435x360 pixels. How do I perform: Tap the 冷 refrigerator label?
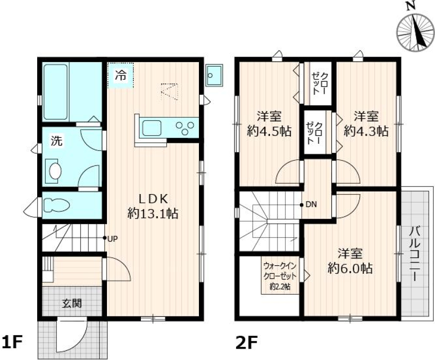point(121,75)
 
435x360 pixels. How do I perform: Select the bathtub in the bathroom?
point(55,92)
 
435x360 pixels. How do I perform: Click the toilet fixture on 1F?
point(57,205)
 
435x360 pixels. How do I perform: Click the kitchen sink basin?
point(152,128)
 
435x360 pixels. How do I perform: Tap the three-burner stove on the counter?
point(185,128)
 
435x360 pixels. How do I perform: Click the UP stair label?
point(112,238)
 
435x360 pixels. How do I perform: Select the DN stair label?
point(311,204)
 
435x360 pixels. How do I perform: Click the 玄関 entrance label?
point(72,303)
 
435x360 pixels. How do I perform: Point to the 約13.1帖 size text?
point(153,214)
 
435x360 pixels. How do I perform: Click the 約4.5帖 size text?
point(269,131)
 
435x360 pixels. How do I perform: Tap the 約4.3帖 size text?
point(366,131)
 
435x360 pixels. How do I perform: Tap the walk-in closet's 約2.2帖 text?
point(280,286)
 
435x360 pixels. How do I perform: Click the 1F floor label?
point(12,342)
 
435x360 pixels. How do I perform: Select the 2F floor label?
point(246,342)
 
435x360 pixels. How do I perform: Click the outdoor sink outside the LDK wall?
point(214,76)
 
